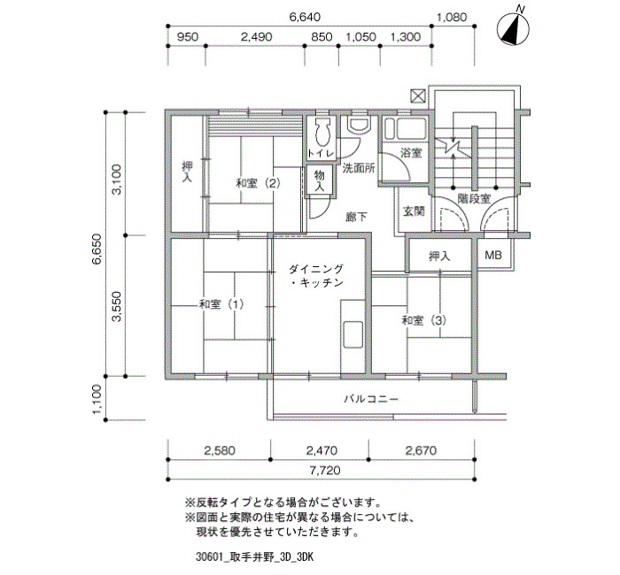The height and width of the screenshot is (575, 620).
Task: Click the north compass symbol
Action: click(x=513, y=27)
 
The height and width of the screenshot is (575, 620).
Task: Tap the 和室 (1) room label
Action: click(x=221, y=304)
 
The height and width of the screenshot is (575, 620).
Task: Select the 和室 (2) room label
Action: click(x=259, y=184)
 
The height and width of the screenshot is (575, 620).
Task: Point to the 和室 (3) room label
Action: click(x=424, y=320)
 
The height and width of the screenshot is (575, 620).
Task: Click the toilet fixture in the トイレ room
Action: click(x=322, y=132)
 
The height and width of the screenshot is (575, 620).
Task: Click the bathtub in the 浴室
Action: click(x=410, y=129)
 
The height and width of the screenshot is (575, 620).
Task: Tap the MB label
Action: click(x=493, y=255)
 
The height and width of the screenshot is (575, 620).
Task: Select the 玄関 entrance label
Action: click(x=414, y=211)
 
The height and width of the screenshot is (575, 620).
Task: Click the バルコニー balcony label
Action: click(x=371, y=399)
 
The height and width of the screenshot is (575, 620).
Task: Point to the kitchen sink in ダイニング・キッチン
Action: click(x=353, y=334)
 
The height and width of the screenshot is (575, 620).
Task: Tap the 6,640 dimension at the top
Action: click(x=305, y=18)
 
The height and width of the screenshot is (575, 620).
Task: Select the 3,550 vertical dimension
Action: click(x=116, y=306)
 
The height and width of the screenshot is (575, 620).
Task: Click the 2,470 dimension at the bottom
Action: click(x=322, y=450)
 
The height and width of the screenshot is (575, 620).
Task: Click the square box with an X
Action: click(x=418, y=96)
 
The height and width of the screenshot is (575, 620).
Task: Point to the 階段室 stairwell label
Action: click(x=474, y=199)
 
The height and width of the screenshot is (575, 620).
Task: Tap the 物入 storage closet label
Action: click(x=320, y=180)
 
